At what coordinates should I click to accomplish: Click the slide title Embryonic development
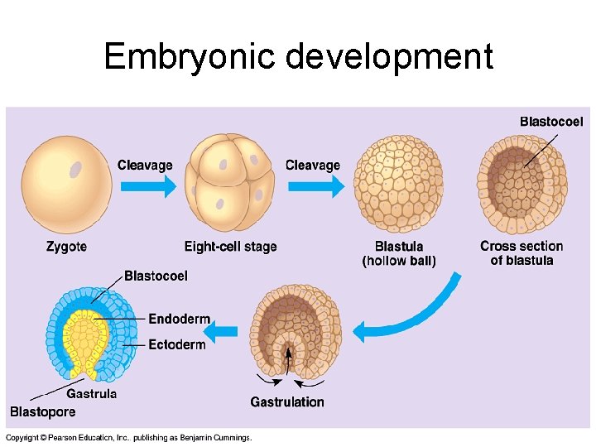298,57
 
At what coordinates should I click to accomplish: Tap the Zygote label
66,247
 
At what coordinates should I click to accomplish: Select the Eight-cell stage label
230,247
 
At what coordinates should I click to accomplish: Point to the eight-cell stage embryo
229,185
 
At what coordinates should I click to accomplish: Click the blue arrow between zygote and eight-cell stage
147,186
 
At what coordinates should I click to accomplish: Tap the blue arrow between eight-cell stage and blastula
315,186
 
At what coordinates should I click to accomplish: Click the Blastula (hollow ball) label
399,253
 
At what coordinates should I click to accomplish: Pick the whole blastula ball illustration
399,185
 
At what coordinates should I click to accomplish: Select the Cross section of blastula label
521,253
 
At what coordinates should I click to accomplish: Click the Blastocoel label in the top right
551,122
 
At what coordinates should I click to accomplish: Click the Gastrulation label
287,402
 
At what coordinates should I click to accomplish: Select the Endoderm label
179,320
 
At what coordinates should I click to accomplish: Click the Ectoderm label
177,344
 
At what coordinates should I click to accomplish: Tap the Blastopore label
42,411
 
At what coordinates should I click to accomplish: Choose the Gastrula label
91,394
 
